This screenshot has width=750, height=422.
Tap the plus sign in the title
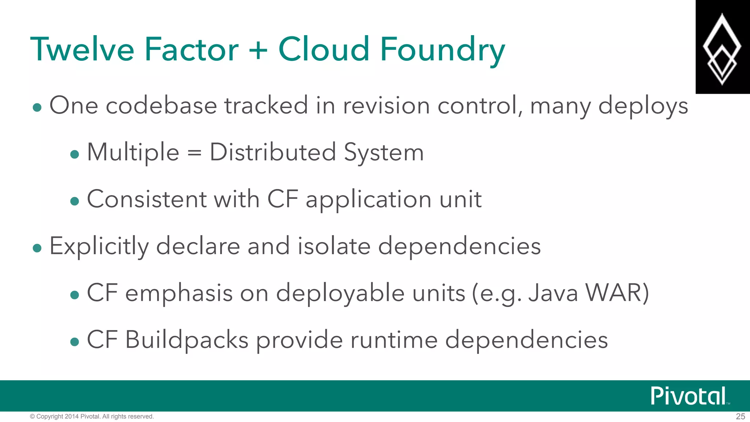point(258,50)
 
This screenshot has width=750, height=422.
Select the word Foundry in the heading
point(443,50)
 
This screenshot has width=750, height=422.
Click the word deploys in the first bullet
point(643,106)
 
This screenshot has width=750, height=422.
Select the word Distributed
point(273,152)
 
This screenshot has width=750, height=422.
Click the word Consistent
point(147,199)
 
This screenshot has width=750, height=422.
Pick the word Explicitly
point(99,246)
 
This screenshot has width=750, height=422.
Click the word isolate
point(334,246)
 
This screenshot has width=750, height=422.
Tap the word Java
point(553,293)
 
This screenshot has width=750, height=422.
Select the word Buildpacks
point(187,340)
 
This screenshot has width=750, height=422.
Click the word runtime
point(394,340)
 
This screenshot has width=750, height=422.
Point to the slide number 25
point(740,417)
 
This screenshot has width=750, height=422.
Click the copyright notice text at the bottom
point(92,417)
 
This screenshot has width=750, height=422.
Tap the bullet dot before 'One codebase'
point(37,108)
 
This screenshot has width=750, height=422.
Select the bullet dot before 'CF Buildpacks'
point(74,342)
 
